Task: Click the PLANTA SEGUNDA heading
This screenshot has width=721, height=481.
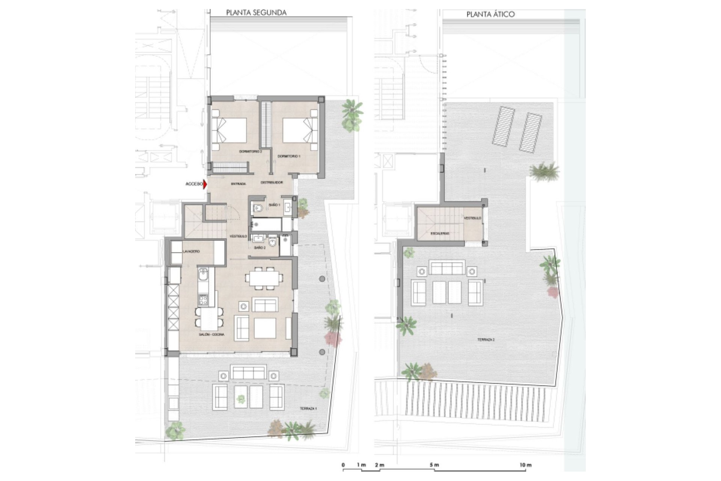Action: point(256,13)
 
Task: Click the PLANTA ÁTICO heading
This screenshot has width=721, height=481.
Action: point(490,15)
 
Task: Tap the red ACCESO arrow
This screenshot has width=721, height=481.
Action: point(205,184)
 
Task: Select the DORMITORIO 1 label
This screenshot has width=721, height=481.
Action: point(289,156)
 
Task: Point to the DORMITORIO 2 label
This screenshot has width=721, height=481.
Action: point(250,151)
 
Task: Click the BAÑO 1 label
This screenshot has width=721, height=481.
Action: point(275,205)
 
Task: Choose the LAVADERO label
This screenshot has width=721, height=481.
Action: point(191,251)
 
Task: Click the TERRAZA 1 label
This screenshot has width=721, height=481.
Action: point(308,408)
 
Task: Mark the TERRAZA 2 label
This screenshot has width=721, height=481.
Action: point(486,340)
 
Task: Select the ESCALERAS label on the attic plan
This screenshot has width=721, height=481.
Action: point(440,233)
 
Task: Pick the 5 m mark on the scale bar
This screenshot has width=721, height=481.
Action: point(434,465)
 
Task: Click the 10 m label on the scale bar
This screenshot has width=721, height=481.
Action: point(526,465)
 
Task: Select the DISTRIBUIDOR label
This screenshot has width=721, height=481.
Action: point(272,183)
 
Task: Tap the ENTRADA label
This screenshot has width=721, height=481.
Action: point(238,184)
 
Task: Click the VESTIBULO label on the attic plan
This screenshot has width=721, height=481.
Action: point(472,218)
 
